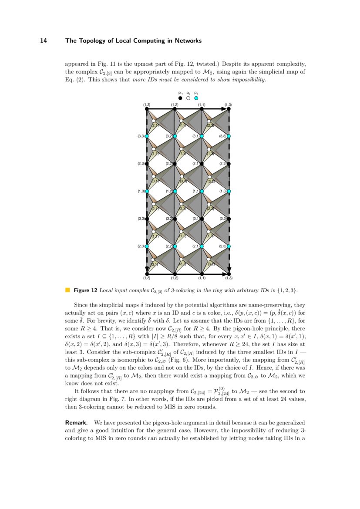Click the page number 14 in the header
tap(43, 40)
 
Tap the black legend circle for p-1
tap(180, 98)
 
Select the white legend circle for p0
tap(188, 98)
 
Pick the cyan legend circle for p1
tap(196, 98)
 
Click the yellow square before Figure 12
tap(67, 290)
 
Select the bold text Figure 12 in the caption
tap(85, 290)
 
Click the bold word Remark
tap(77, 422)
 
